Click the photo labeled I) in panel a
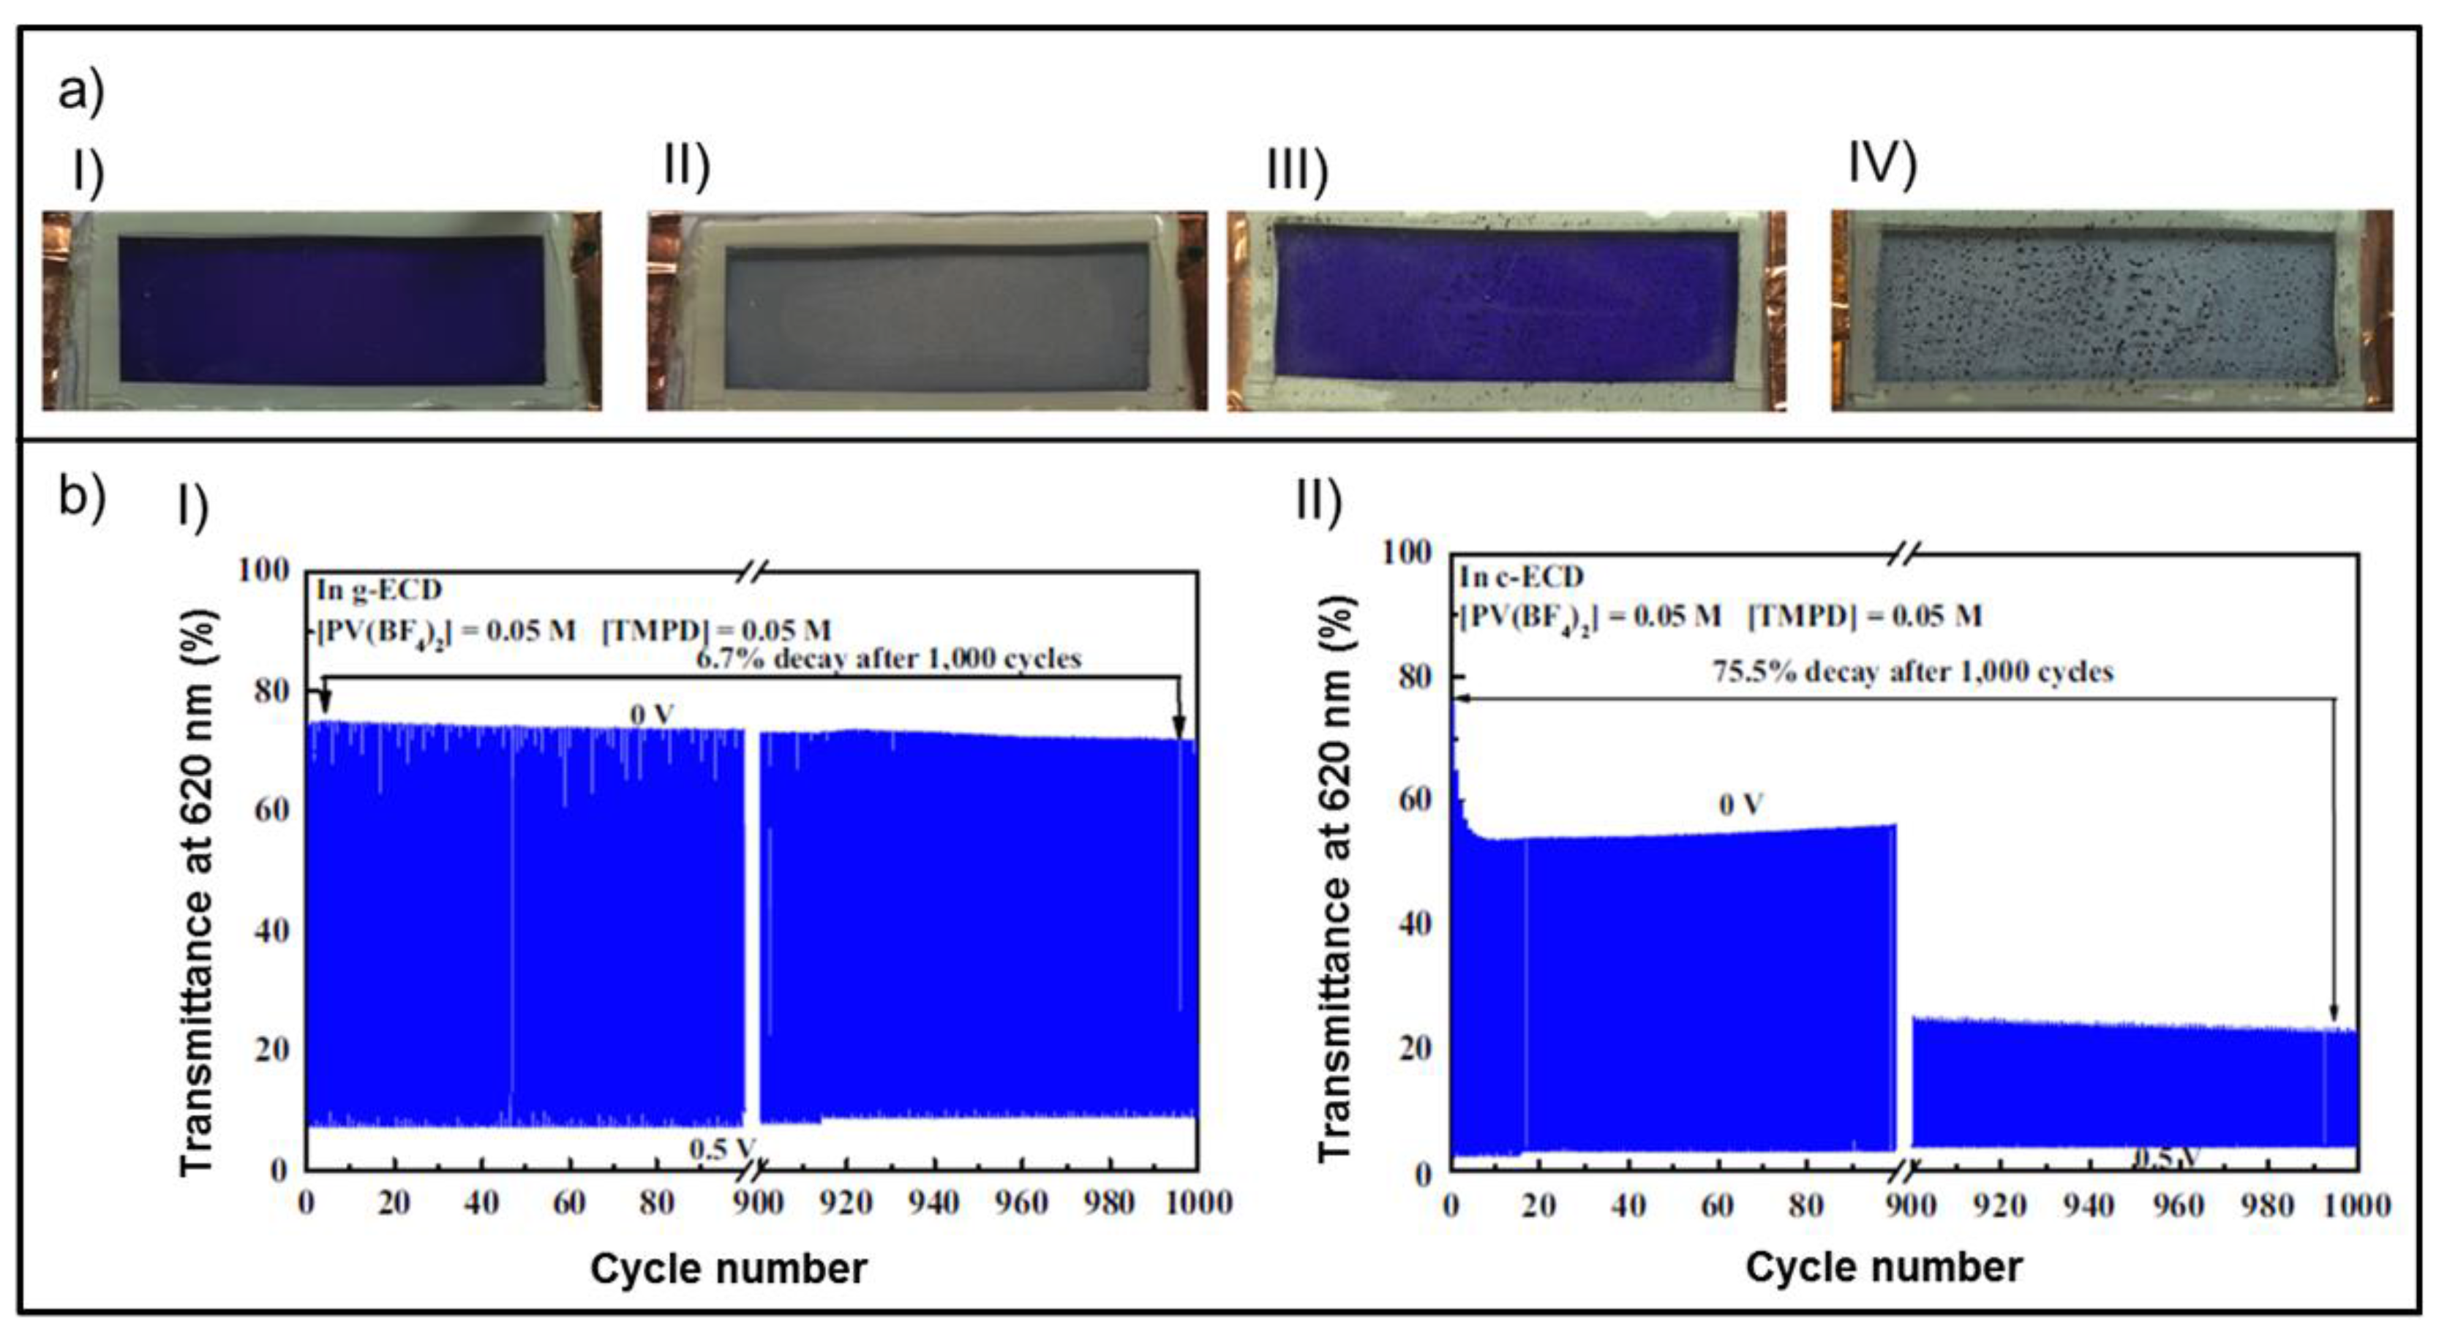click(x=322, y=311)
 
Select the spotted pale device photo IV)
click(x=2111, y=311)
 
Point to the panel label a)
click(x=81, y=93)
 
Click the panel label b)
click(x=81, y=496)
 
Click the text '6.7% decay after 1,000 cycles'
click(x=888, y=658)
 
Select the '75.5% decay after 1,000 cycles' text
click(x=1912, y=671)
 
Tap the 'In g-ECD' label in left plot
click(x=379, y=590)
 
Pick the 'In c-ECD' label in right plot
click(x=1522, y=576)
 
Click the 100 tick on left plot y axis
click(x=263, y=570)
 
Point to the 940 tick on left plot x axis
click(x=933, y=1202)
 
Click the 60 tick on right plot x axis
click(x=1716, y=1205)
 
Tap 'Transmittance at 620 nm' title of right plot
click(x=1335, y=877)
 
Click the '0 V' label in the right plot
click(x=1740, y=805)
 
